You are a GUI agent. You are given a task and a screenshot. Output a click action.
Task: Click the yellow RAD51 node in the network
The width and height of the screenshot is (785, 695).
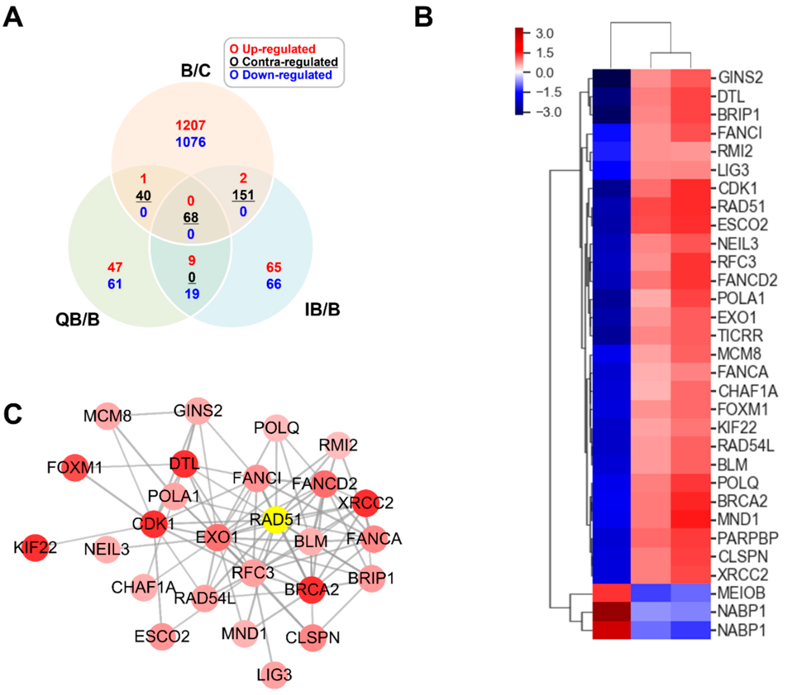[x=275, y=521]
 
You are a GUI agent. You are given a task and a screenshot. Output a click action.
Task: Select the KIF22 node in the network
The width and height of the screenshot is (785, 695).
[x=35, y=547]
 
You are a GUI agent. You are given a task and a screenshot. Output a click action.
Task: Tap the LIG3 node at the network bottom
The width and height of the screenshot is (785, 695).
[x=274, y=674]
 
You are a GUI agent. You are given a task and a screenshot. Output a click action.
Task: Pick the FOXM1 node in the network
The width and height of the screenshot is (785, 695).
[x=75, y=467]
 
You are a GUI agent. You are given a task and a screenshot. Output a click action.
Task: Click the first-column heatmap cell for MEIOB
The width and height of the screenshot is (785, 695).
[x=611, y=593]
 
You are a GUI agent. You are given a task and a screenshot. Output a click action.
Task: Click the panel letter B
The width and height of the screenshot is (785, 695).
[x=424, y=17]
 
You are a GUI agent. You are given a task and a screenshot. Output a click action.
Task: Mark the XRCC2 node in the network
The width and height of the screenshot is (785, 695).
[x=365, y=503]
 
